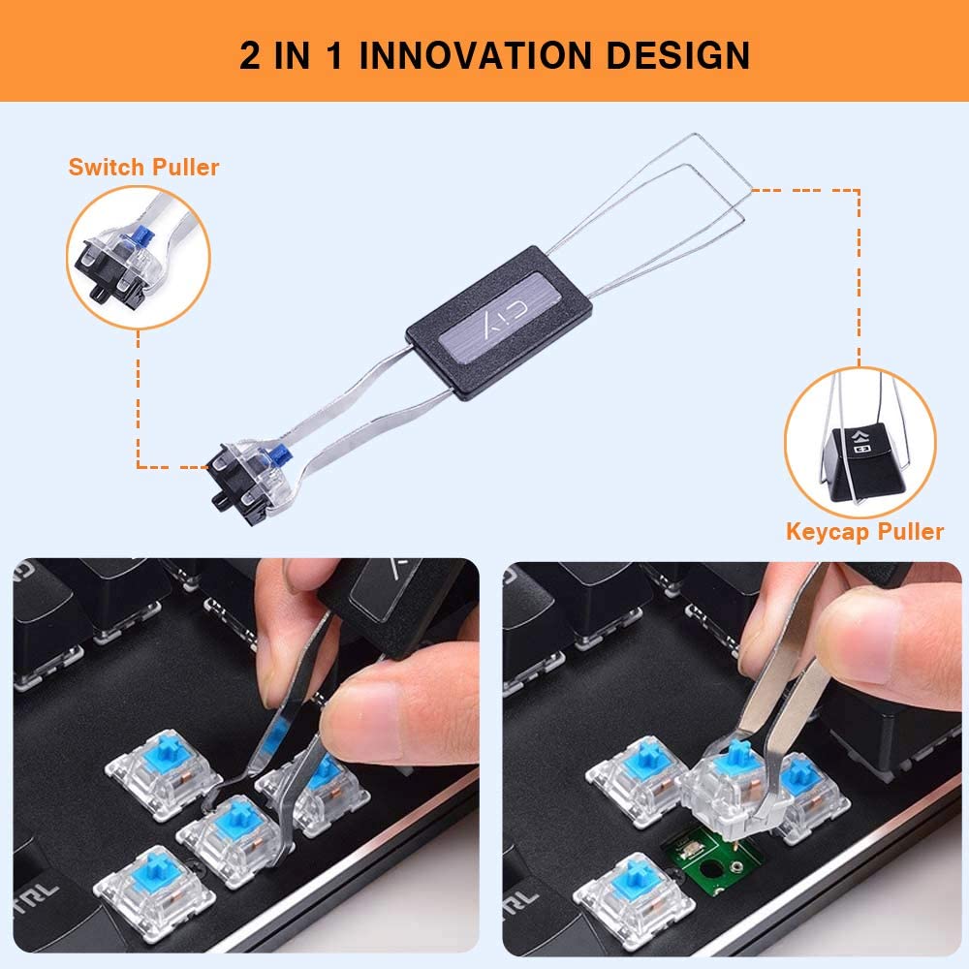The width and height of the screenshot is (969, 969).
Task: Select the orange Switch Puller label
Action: click(143, 167)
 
